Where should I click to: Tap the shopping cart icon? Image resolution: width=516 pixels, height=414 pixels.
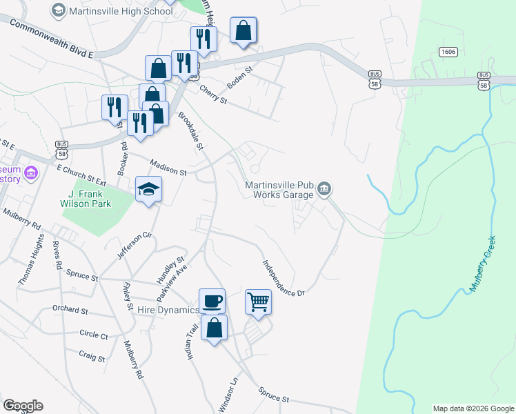point(258,301)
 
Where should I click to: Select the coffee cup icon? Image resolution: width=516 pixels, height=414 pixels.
point(212,301)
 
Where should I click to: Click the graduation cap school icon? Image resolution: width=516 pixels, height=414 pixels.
point(148,189)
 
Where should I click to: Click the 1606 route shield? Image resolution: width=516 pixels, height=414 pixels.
point(448,52)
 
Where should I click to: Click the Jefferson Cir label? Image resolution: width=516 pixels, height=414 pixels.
point(134,246)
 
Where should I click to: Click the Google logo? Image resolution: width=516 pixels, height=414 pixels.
point(23,406)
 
